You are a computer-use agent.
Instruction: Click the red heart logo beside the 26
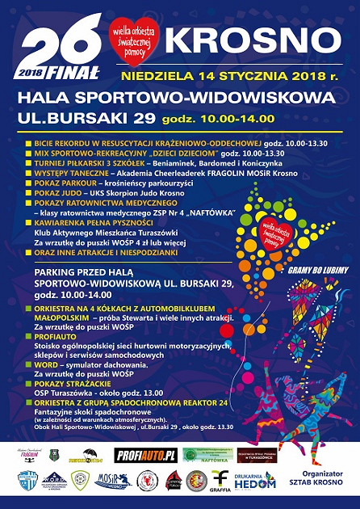tap(135, 39)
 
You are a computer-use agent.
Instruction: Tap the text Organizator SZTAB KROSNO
tap(319, 479)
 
